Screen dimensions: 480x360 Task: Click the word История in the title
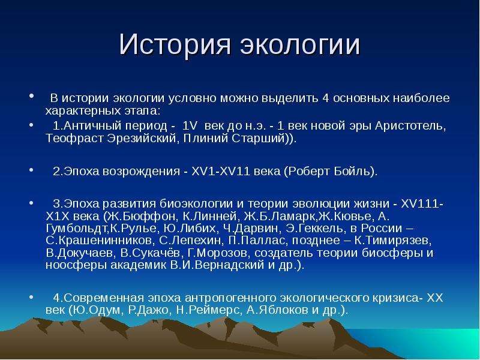pyautogui.click(x=175, y=44)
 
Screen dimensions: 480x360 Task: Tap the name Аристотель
pyautogui.click(x=410, y=126)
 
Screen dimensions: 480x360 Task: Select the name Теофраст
pyautogui.click(x=74, y=139)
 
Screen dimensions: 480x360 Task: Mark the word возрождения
pyautogui.click(x=141, y=171)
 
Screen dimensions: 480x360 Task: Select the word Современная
pyautogui.click(x=104, y=298)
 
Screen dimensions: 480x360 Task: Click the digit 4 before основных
pyautogui.click(x=325, y=98)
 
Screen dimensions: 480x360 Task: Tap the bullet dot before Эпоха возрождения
pyautogui.click(x=31, y=169)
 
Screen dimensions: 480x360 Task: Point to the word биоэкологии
pyautogui.click(x=197, y=204)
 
